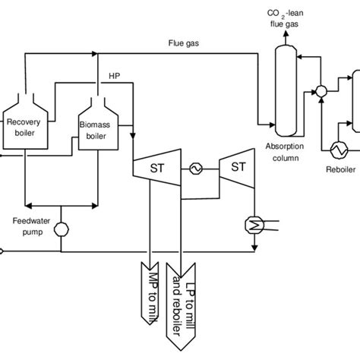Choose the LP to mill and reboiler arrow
tap(192, 300)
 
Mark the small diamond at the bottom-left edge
tap(3, 250)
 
